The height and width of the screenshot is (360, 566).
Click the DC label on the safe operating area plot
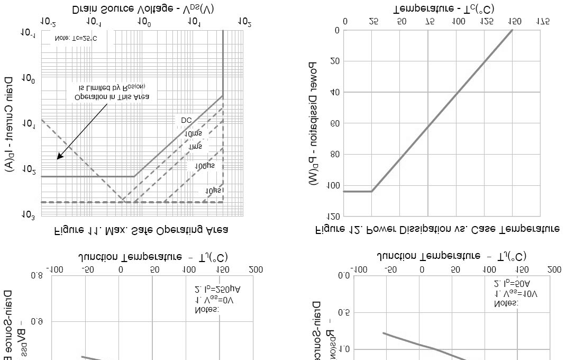(x=186, y=121)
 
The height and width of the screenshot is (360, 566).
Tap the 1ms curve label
(x=196, y=146)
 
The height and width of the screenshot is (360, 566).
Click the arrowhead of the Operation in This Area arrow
(x=59, y=158)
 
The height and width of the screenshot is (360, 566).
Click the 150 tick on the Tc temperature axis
(x=514, y=22)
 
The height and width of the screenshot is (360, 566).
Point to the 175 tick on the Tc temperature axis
(x=542, y=22)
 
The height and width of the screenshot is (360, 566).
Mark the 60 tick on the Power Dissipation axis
(x=334, y=123)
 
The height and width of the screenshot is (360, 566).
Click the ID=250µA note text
(x=218, y=290)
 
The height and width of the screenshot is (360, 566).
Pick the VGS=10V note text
(x=516, y=293)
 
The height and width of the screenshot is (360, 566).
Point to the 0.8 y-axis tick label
(x=37, y=275)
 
